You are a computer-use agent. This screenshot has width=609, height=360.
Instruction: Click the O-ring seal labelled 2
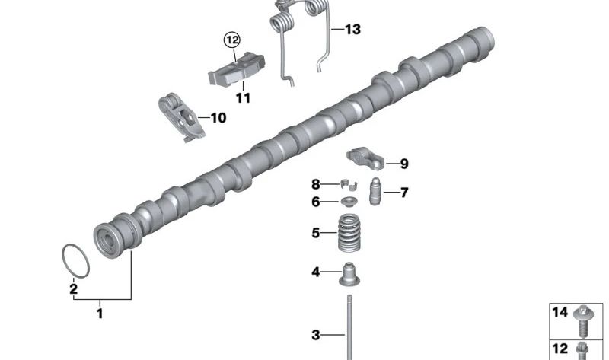(x=63, y=256)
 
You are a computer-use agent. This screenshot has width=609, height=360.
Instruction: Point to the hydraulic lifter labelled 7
(x=375, y=191)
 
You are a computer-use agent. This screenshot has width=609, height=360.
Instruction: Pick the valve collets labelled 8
(x=349, y=184)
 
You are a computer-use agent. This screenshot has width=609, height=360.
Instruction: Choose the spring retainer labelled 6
(x=349, y=202)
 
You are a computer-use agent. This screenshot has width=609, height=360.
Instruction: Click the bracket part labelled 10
(x=181, y=117)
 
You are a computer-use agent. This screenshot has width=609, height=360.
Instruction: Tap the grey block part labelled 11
(x=236, y=70)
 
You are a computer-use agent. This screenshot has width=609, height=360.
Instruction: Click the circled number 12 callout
(x=232, y=40)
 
